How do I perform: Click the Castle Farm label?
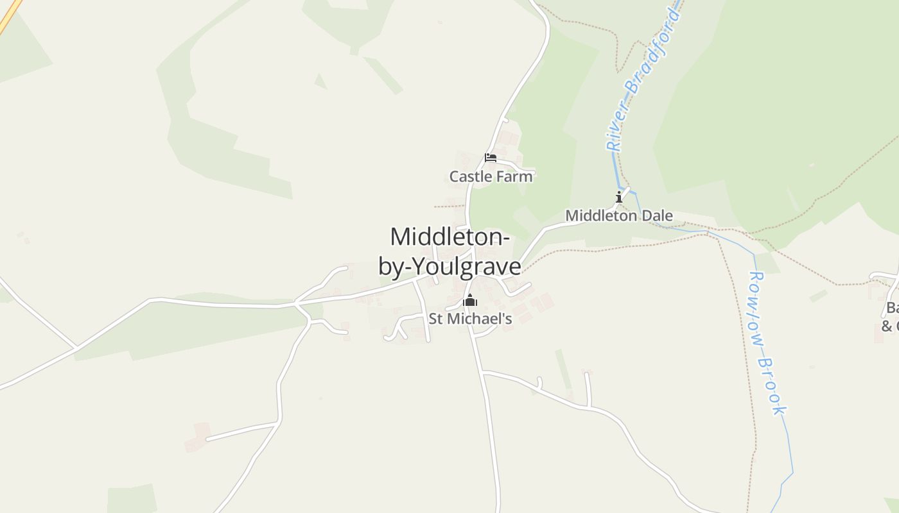point(491,176)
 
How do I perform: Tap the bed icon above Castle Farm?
point(491,158)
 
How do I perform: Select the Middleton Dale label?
point(619,216)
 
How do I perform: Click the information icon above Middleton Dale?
point(619,197)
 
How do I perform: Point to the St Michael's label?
point(470,319)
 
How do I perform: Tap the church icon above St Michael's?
point(470,300)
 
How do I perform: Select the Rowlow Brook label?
point(768,343)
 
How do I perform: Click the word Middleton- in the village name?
point(450,237)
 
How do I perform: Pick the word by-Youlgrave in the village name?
point(449,266)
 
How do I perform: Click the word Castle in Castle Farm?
point(470,176)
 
